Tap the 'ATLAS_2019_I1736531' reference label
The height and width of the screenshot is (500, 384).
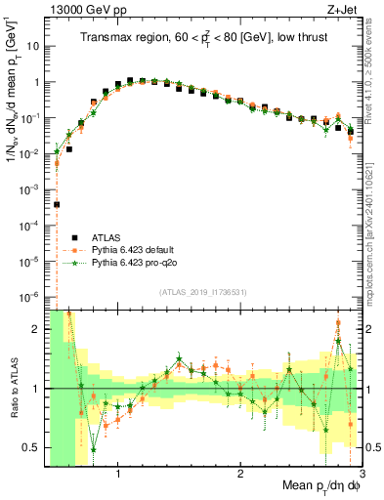(x=199, y=292)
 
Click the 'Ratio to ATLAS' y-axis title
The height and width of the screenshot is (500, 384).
(x=13, y=387)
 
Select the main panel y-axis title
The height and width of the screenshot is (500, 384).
(x=13, y=107)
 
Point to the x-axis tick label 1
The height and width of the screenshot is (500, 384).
(x=118, y=475)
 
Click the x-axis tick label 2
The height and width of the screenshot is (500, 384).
(x=240, y=475)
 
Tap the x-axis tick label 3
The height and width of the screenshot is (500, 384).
(x=361, y=475)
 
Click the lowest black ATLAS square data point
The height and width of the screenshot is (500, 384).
(x=57, y=205)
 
